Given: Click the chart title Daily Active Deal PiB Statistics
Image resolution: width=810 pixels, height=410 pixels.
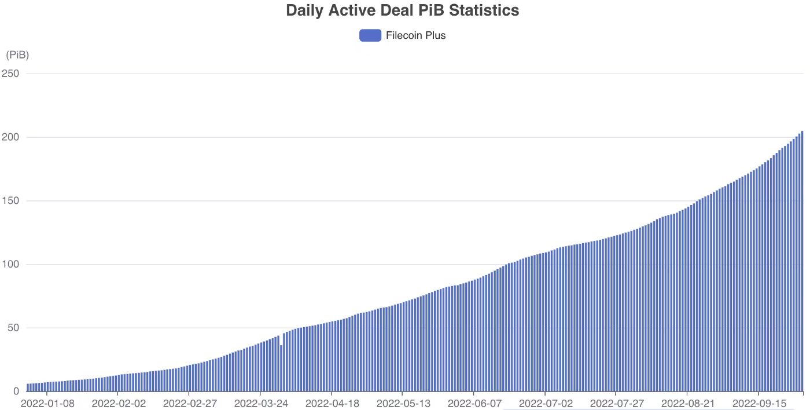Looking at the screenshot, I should pyautogui.click(x=402, y=10).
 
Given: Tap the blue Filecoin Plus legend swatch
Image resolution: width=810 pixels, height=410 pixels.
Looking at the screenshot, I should pyautogui.click(x=370, y=35).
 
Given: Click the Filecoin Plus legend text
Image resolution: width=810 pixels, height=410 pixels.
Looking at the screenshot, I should pyautogui.click(x=415, y=35).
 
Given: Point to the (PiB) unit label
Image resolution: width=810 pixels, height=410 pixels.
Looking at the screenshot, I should pyautogui.click(x=17, y=55).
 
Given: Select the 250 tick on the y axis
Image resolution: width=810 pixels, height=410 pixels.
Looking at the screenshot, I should pyautogui.click(x=11, y=74).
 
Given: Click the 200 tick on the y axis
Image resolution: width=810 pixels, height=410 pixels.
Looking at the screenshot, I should pyautogui.click(x=11, y=137).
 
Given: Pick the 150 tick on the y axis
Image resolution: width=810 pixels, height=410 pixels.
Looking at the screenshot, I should pyautogui.click(x=11, y=201).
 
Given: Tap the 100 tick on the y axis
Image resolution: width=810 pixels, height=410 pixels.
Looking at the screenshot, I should pyautogui.click(x=11, y=265).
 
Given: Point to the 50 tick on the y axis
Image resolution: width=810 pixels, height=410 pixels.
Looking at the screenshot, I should pyautogui.click(x=13, y=328).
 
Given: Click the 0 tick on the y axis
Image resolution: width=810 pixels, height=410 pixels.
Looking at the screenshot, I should pyautogui.click(x=16, y=391).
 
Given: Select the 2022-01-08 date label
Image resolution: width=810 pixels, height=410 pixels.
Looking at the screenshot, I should pyautogui.click(x=47, y=403).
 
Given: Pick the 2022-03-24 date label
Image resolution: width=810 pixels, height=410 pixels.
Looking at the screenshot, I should pyautogui.click(x=260, y=403).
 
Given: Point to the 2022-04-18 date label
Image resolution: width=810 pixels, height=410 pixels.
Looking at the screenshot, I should pyautogui.click(x=332, y=403).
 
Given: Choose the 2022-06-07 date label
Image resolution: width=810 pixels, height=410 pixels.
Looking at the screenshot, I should pyautogui.click(x=474, y=403).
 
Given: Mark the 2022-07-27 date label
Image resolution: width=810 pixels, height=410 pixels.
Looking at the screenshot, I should pyautogui.click(x=617, y=403).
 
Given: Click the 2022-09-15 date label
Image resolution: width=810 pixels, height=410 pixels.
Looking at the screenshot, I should pyautogui.click(x=759, y=403).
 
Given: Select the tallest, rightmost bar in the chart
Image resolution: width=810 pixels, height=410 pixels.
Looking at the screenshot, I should pyautogui.click(x=802, y=261).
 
